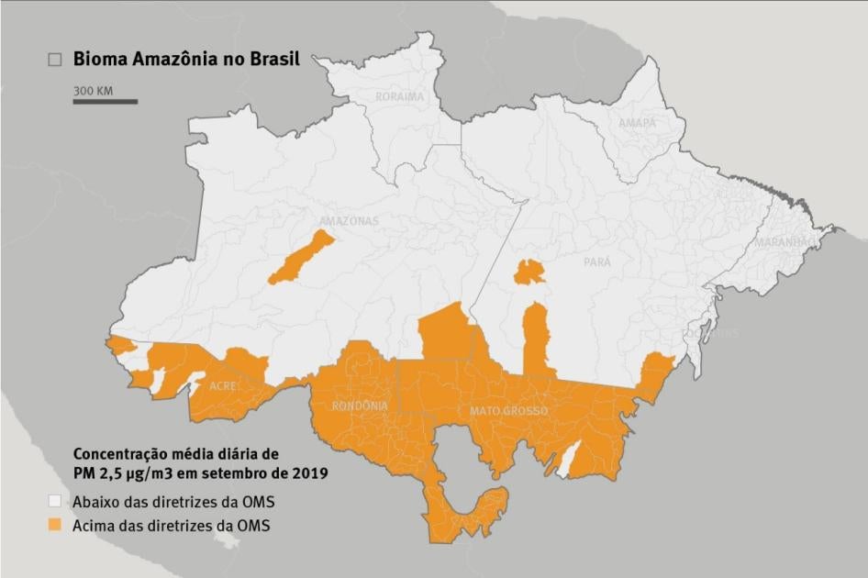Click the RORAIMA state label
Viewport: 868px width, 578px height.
point(399,96)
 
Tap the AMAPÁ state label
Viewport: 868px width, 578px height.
point(637,123)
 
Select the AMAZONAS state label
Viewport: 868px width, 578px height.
point(349,221)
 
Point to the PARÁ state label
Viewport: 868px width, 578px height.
point(597,261)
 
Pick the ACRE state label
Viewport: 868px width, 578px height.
point(224,386)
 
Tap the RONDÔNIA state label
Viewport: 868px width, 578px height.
point(360,406)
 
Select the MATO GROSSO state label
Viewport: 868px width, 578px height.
point(508,411)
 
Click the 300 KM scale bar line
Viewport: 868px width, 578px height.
point(106,101)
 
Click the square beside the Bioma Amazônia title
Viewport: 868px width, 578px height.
point(55,60)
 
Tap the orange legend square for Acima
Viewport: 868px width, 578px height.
point(55,526)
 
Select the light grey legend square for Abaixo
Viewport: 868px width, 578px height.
point(55,502)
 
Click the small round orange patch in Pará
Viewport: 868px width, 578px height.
point(529,272)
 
